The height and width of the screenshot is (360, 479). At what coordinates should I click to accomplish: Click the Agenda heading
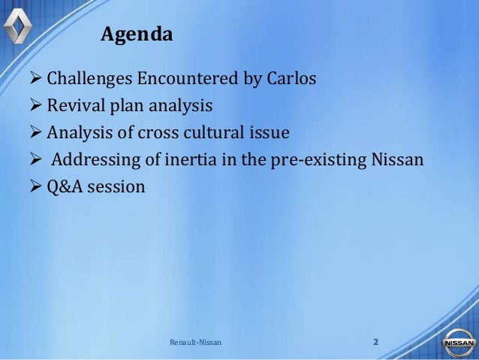tap(137, 35)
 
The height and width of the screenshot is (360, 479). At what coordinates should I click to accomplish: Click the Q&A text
tap(63, 187)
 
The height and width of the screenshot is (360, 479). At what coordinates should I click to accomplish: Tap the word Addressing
tap(94, 160)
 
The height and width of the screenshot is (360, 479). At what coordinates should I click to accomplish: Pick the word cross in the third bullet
tap(162, 133)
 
